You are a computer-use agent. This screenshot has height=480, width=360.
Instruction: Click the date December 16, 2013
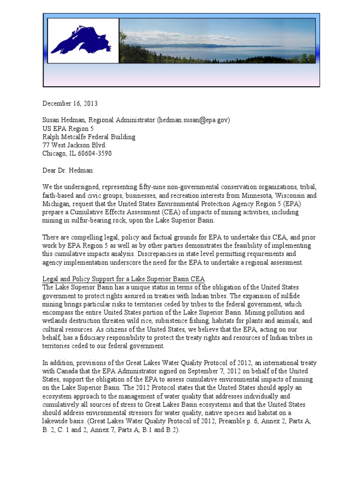click(70, 104)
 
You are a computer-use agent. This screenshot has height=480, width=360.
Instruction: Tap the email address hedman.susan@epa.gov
click(194, 120)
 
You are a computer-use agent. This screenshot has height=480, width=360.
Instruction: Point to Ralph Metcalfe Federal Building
click(89, 137)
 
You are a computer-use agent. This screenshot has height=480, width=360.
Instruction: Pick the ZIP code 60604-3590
click(96, 154)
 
